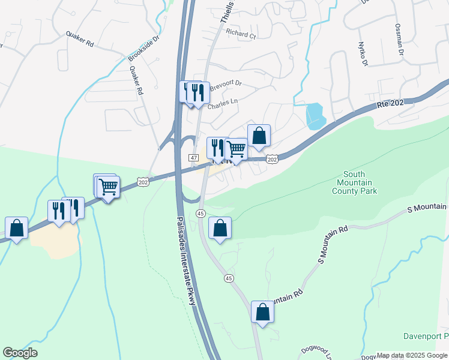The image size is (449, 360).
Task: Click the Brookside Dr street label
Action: pos(144,47)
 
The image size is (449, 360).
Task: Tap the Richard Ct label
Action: pos(241,34)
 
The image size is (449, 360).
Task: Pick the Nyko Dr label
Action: pos(362,54)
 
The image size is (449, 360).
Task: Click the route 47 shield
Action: pos(193,157)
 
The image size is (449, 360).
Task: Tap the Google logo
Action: pos(20,353)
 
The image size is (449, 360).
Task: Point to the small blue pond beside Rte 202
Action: pos(315,116)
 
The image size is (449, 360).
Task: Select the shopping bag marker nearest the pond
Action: pos(259,136)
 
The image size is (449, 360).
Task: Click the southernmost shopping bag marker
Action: pos(262,312)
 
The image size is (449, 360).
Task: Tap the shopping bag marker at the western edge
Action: pos(16,229)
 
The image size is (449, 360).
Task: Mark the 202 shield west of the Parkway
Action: pos(143,182)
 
